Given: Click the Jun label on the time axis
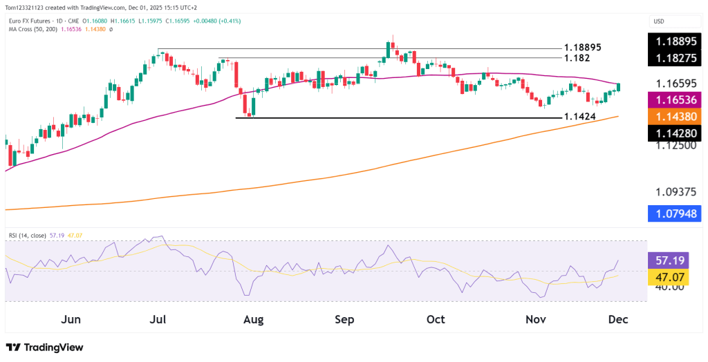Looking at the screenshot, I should click(x=71, y=320).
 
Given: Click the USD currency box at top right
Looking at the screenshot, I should click(x=659, y=21).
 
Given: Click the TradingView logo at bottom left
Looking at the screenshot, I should click(x=44, y=347).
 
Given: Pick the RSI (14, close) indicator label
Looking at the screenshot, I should click(x=27, y=236).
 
